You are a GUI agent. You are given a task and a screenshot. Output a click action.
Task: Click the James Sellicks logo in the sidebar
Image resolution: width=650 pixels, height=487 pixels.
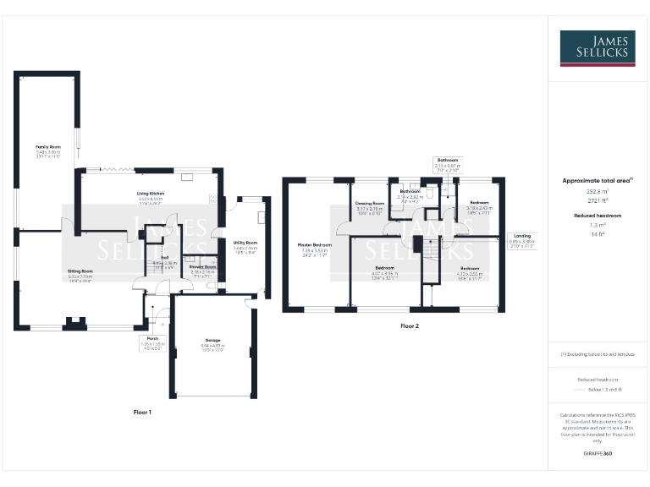(598, 48)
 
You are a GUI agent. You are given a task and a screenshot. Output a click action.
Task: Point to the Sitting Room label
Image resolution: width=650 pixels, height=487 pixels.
(80, 271)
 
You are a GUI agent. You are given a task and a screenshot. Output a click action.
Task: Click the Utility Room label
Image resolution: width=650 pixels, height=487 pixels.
(245, 243)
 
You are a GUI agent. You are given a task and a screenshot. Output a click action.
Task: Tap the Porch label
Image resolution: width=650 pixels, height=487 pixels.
(152, 337)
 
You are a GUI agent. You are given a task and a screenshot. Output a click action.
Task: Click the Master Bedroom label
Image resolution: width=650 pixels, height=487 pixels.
(314, 245)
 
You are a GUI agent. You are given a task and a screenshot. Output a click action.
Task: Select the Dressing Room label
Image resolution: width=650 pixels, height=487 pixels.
(369, 204)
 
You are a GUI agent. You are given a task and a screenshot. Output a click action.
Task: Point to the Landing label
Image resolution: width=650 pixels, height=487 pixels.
(522, 236)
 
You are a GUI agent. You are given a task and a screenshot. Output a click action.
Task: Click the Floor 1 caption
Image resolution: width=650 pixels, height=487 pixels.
(142, 412)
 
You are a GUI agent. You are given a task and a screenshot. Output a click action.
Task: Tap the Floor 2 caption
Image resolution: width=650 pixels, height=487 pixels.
(410, 326)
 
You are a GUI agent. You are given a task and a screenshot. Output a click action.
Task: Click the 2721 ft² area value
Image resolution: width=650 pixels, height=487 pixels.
(597, 201)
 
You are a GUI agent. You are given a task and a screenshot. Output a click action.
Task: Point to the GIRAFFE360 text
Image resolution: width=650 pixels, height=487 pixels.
(598, 455)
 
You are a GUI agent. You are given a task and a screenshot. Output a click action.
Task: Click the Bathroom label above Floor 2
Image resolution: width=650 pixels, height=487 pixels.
(447, 160)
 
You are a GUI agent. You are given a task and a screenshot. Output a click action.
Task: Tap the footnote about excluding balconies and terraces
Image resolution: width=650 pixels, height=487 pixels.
(598, 354)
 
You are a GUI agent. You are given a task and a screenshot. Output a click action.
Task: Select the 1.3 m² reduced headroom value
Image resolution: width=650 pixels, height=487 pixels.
(597, 226)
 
